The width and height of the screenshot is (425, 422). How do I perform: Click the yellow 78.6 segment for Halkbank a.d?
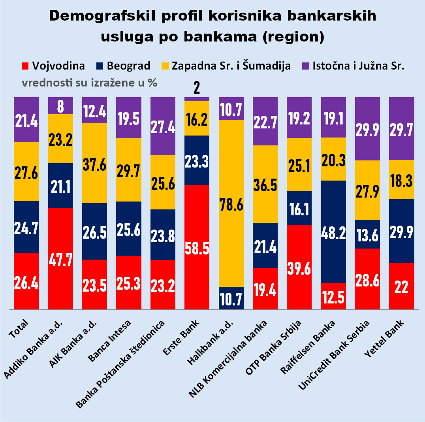point(231,203)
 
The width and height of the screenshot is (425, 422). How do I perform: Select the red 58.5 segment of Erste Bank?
point(197,247)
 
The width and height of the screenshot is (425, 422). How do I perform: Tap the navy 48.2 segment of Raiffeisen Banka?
point(333,232)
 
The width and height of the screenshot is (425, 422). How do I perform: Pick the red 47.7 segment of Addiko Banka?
point(60,258)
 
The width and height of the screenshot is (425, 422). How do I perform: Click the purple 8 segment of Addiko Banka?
point(60,106)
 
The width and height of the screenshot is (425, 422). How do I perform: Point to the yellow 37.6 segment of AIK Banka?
point(94,163)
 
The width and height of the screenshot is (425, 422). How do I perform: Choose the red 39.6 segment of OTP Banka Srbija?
point(299,267)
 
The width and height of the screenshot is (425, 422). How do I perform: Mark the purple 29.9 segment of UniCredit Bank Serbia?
point(367,129)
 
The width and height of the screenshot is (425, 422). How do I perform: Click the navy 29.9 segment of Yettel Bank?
point(401,231)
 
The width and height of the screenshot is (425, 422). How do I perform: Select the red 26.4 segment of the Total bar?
point(26,281)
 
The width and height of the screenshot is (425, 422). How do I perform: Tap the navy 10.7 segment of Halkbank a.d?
point(231,298)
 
